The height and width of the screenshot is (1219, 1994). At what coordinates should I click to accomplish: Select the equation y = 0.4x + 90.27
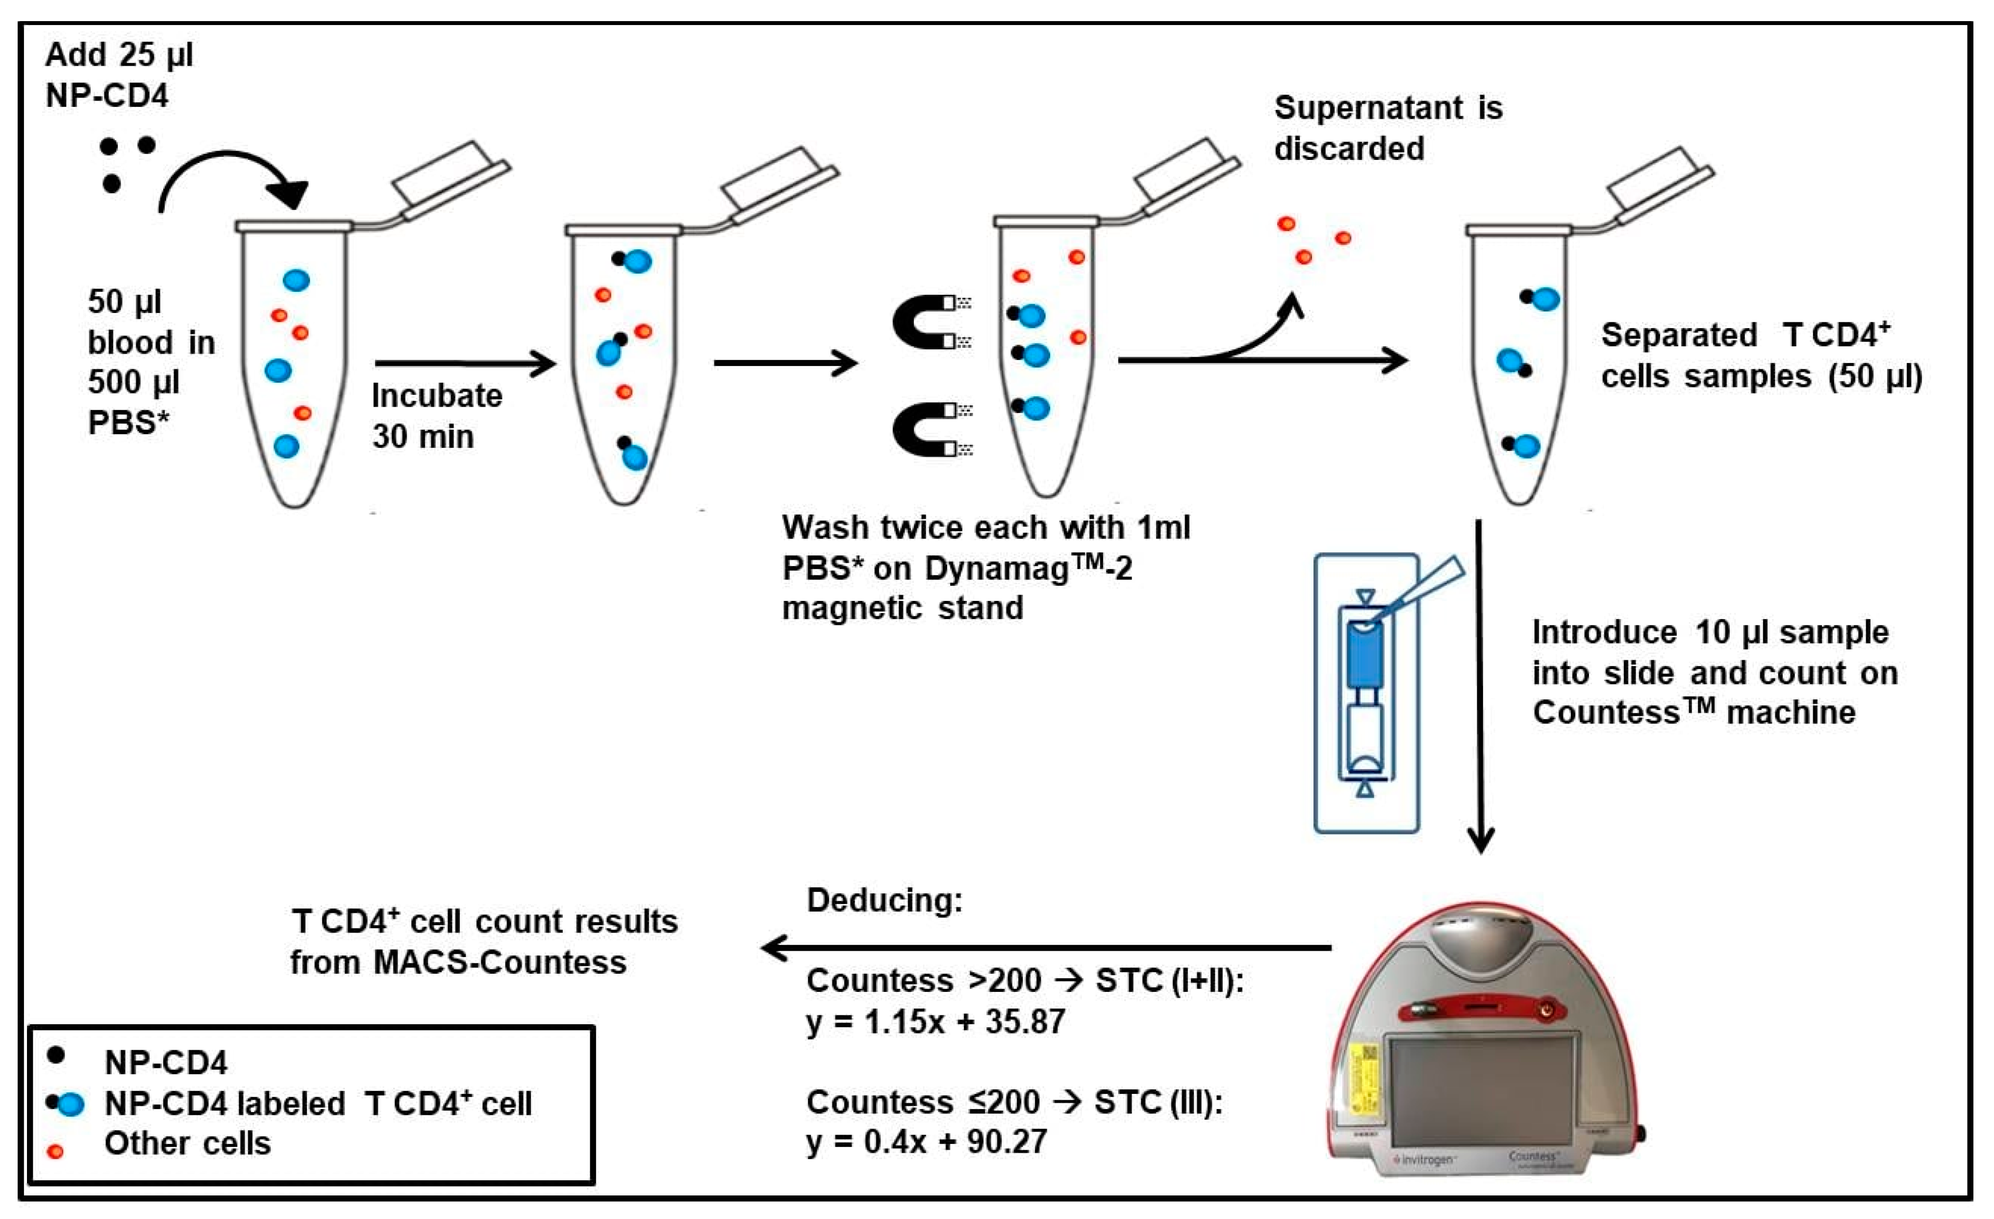point(927,1141)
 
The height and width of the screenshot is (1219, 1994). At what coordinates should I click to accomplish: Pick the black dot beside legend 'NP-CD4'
point(56,1055)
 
